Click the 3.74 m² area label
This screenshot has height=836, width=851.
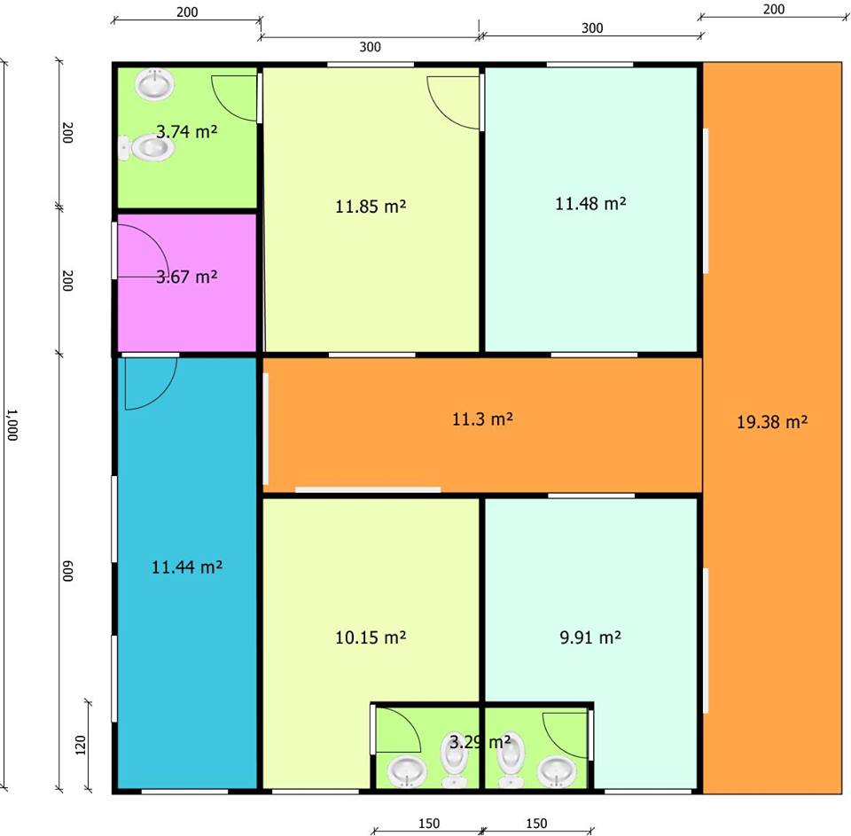pyautogui.click(x=186, y=131)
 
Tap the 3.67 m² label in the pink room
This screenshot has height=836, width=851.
pyautogui.click(x=186, y=277)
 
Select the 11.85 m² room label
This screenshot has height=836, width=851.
pyautogui.click(x=371, y=207)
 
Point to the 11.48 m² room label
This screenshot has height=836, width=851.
pyautogui.click(x=590, y=203)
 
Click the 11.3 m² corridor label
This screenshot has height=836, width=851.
pyautogui.click(x=482, y=418)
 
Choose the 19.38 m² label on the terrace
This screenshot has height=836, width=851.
pyautogui.click(x=772, y=422)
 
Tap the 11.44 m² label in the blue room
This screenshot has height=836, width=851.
pyautogui.click(x=187, y=566)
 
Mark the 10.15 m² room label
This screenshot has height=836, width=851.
pyautogui.click(x=371, y=637)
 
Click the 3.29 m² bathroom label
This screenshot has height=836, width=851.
pyautogui.click(x=480, y=741)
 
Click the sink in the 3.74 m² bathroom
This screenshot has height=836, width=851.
pyautogui.click(x=155, y=86)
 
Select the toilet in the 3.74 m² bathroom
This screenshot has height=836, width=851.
pyautogui.click(x=147, y=148)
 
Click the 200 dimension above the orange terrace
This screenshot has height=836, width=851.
pyautogui.click(x=773, y=10)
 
